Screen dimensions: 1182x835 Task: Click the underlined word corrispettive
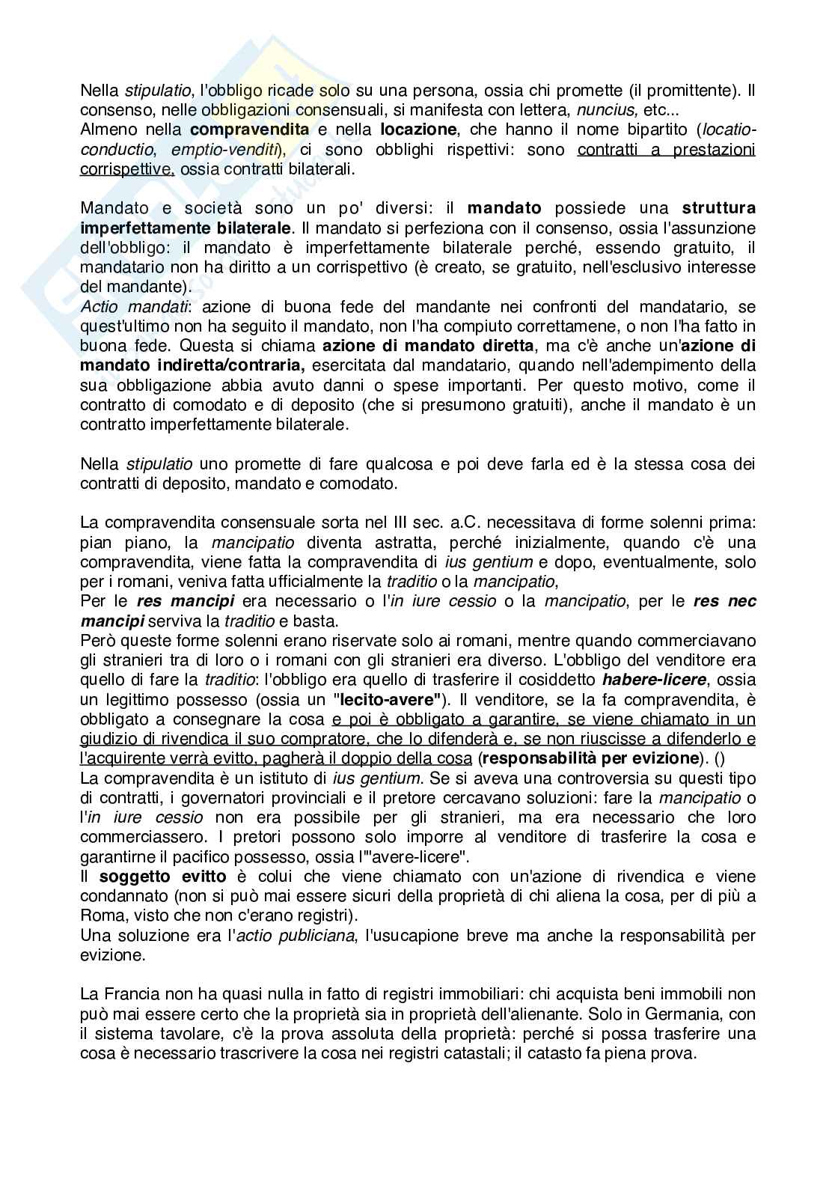126,169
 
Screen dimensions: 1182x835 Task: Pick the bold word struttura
718,208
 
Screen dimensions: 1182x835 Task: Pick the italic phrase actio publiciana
297,936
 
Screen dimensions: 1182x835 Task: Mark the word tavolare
162,1034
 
